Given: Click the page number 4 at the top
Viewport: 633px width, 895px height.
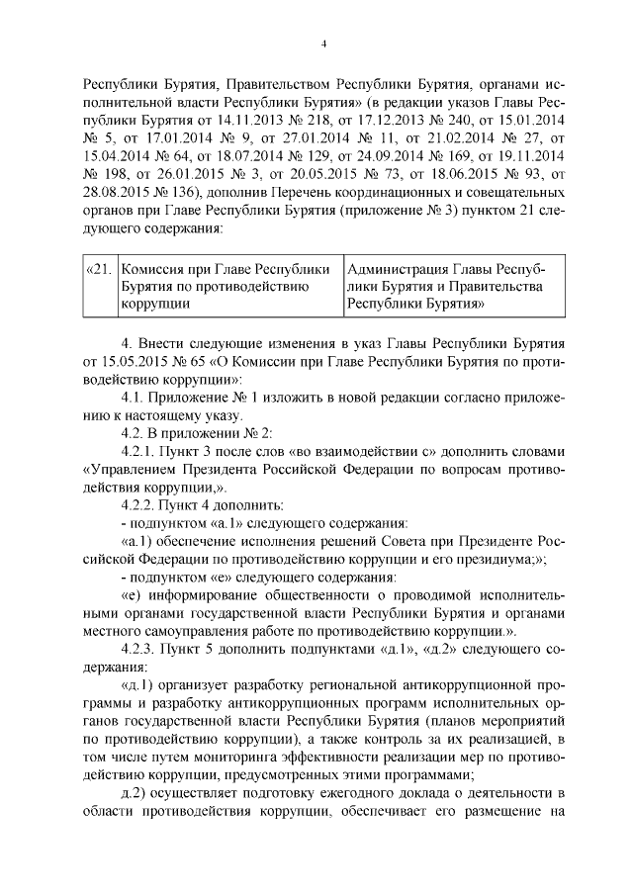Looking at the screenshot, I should coord(322,43).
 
